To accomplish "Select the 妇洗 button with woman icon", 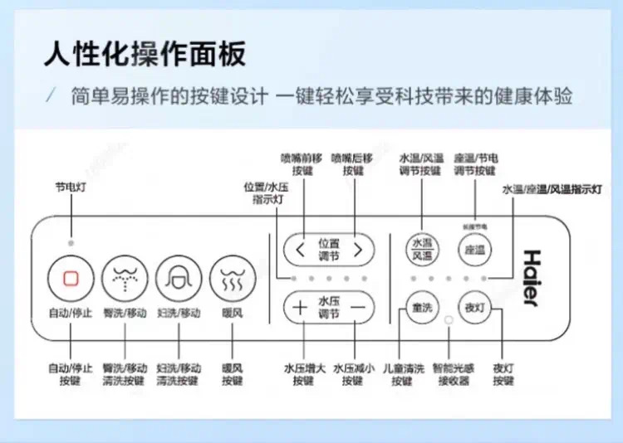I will [179, 278].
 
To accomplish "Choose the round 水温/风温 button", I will [422, 248].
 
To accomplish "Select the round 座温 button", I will [474, 248].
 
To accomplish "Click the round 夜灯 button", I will [474, 308].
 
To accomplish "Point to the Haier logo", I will [532, 278].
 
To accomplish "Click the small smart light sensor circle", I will [449, 319].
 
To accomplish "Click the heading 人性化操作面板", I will [145, 56].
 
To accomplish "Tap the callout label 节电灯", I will [71, 188].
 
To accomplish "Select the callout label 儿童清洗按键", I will [401, 373].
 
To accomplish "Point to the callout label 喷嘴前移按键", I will [302, 163].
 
